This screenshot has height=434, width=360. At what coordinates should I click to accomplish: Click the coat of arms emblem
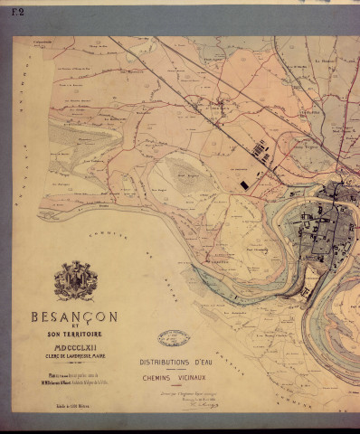[75, 281]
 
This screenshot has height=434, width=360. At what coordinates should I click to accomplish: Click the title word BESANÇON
[75, 317]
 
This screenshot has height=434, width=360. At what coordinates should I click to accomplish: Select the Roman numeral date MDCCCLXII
[75, 345]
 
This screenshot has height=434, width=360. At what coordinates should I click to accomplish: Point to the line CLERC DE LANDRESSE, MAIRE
[75, 354]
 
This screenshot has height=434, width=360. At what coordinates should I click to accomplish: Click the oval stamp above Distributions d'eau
[174, 339]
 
